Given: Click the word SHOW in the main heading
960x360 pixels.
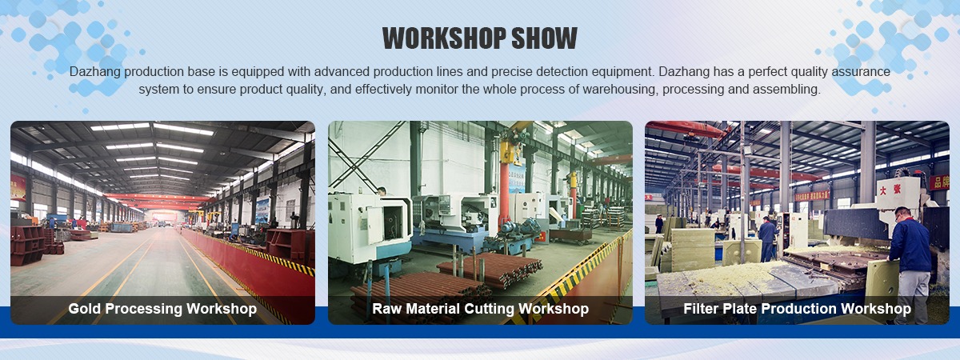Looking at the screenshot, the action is coord(544,38).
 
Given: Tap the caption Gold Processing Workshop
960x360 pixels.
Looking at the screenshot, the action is coord(162,309).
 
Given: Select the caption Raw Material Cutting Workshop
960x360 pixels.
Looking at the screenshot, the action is coord(481,309).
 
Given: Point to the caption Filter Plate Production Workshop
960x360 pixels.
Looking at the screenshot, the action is coord(797,309).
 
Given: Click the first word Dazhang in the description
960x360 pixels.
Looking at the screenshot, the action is coord(94,71).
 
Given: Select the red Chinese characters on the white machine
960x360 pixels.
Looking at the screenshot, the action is coord(890,189).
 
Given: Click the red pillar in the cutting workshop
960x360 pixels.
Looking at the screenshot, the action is coord(505,193).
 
